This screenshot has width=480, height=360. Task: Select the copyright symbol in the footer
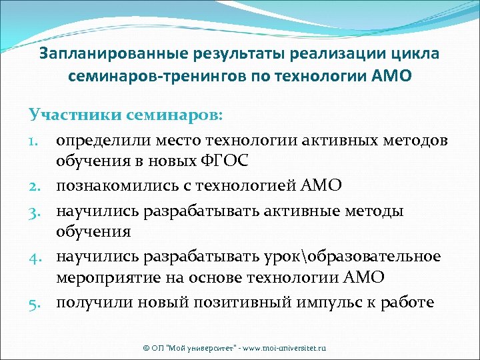pyautogui.click(x=147, y=348)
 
